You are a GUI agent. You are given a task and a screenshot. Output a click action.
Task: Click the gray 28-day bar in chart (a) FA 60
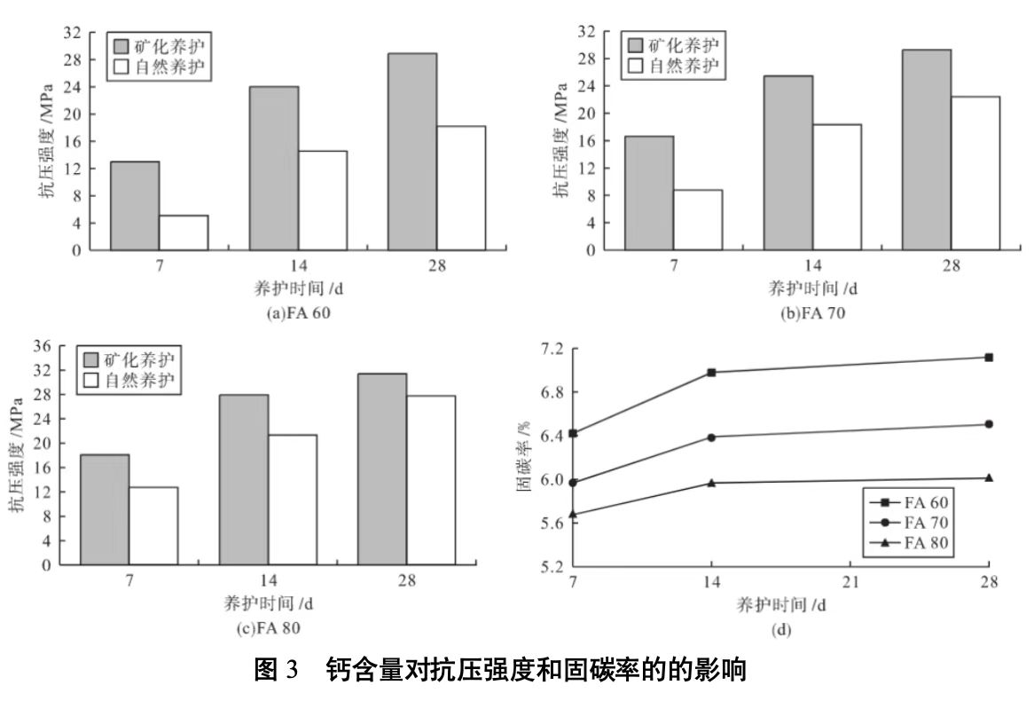tap(411, 152)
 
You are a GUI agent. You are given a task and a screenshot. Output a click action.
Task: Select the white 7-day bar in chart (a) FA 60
tap(184, 232)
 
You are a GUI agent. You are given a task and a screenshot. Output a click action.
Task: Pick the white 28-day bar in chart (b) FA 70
tap(975, 173)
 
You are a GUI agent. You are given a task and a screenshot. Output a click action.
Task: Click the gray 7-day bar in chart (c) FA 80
tap(105, 509)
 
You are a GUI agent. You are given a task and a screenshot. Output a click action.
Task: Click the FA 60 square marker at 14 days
tap(711, 373)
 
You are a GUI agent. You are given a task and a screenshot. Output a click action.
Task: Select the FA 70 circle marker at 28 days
tap(988, 424)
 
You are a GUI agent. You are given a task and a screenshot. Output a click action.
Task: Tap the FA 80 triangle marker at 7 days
tap(574, 514)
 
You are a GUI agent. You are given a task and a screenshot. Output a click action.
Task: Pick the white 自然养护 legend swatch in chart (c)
tap(91, 381)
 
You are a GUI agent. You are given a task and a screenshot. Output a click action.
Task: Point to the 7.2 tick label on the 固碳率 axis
tap(550, 349)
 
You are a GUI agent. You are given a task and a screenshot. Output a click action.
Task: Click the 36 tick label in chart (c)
tap(56, 346)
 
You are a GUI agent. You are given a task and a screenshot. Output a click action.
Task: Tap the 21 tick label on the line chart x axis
tap(850, 583)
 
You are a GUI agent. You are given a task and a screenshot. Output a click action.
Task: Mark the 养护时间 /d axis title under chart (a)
tap(296, 288)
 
